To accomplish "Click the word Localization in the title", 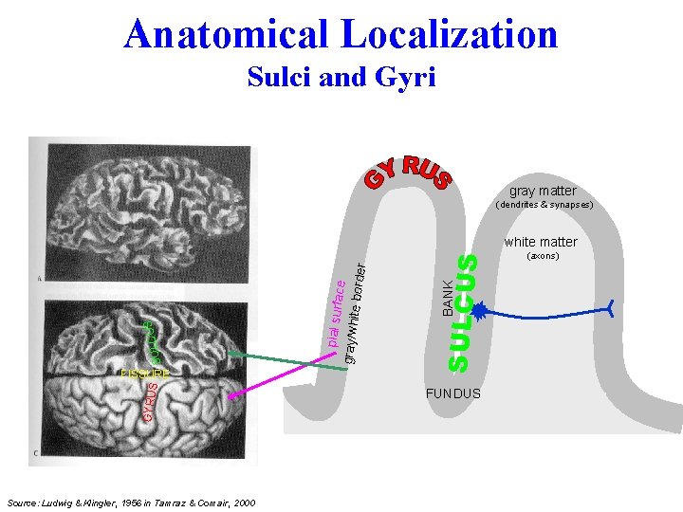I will click(452, 34).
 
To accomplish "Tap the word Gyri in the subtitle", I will click(406, 77).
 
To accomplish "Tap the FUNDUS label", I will click(453, 393).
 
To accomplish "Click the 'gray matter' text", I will click(543, 191).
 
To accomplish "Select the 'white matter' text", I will click(541, 242).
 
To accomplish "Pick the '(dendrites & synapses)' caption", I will click(544, 205).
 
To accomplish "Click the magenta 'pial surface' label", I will click(335, 306).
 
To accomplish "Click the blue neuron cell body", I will click(480, 310).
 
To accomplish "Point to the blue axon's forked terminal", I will click(609, 307).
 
